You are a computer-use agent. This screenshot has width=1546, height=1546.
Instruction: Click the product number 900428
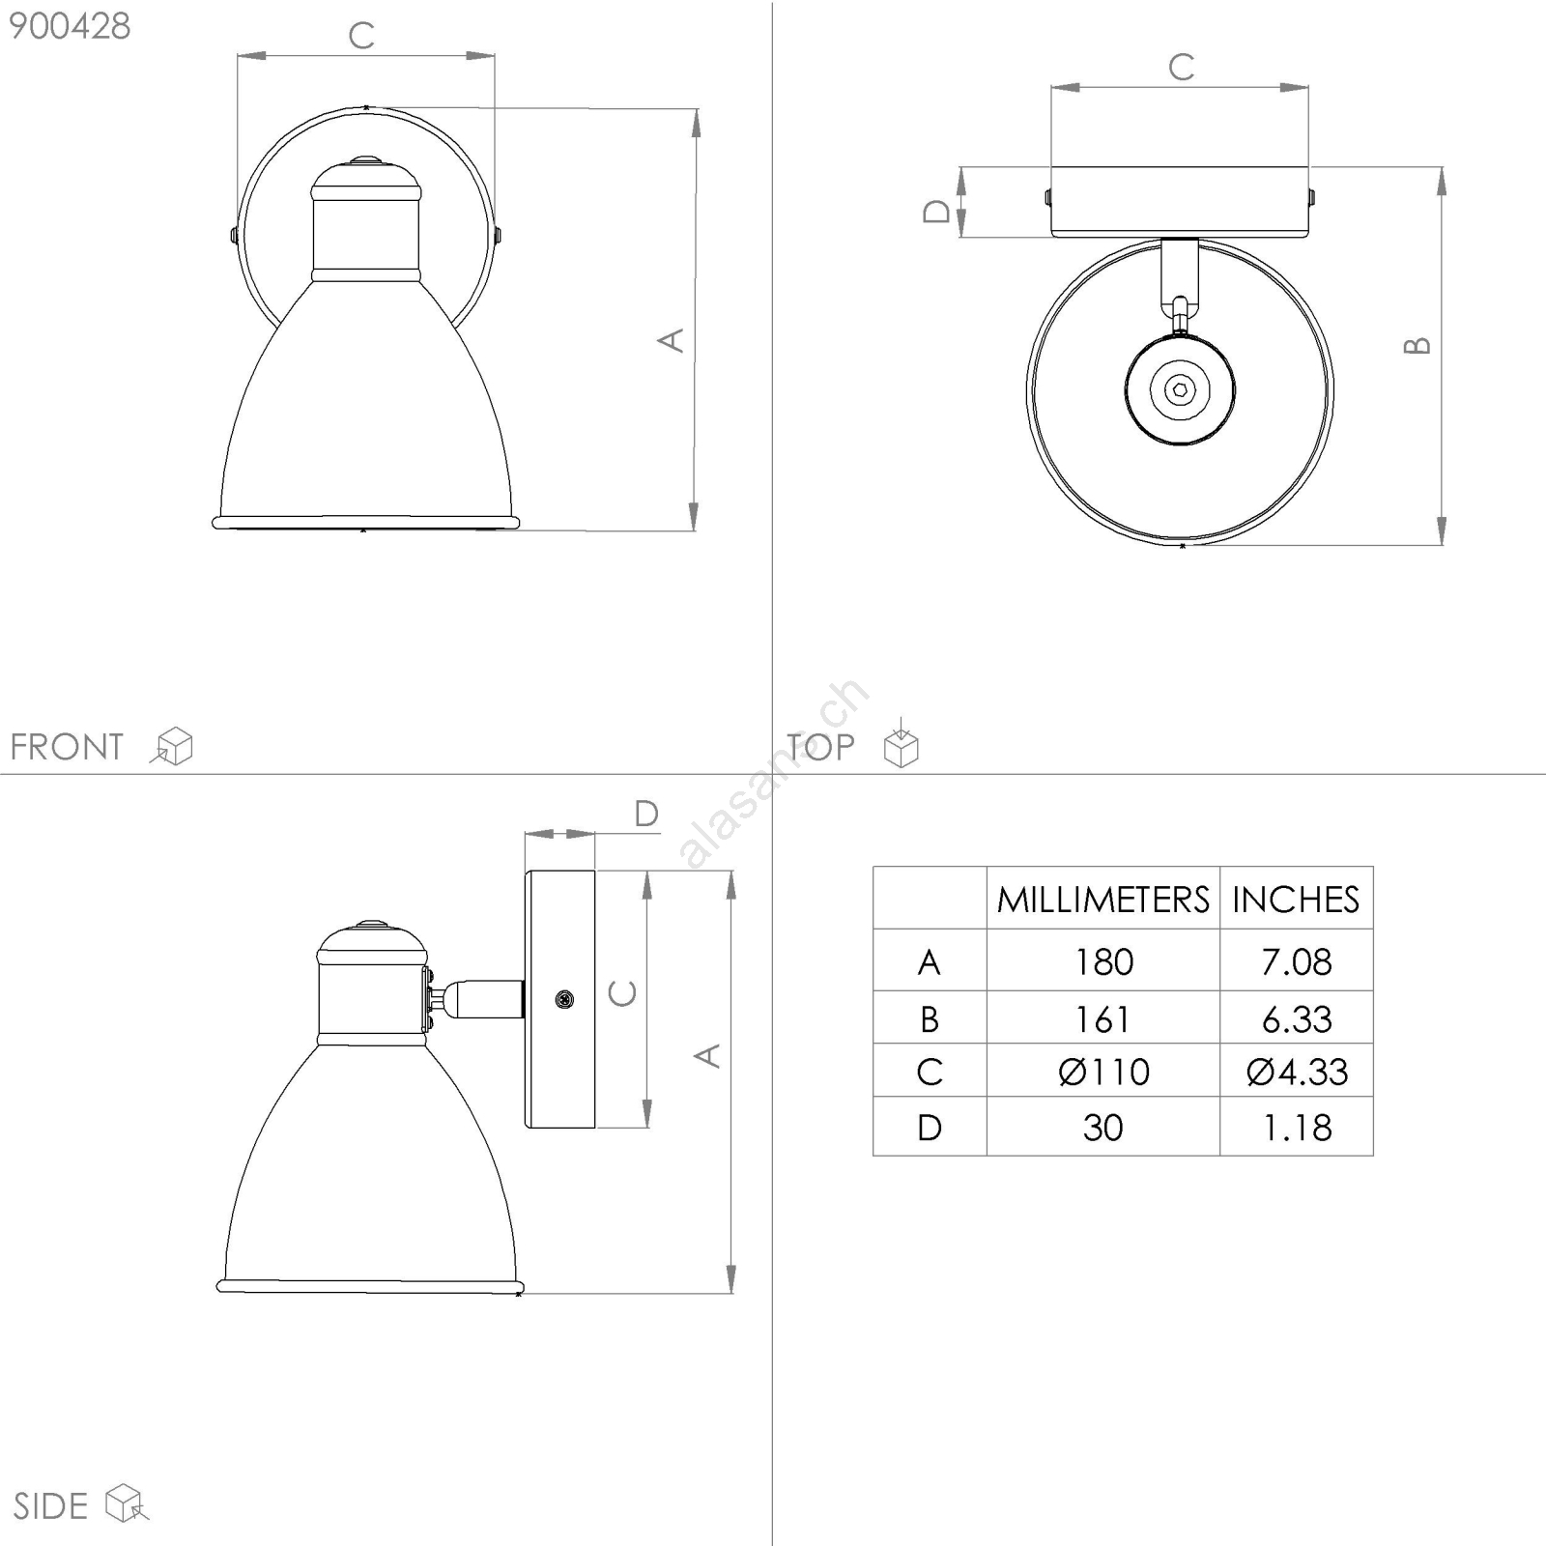tap(70, 26)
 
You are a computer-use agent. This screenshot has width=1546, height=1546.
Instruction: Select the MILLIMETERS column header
tap(1103, 900)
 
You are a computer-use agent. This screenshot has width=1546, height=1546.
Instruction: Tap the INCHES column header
tap(1296, 900)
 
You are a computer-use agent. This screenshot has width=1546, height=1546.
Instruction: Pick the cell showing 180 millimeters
tap(1103, 961)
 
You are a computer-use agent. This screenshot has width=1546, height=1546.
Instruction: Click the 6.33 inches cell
tap(1297, 1018)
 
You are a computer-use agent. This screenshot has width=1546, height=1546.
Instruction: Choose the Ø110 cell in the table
tap(1103, 1072)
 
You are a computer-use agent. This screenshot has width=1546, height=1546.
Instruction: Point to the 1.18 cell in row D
tap(1297, 1127)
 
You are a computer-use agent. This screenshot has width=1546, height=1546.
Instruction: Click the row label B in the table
tap(930, 1018)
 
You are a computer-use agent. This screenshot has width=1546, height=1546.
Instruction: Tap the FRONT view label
tap(67, 747)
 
